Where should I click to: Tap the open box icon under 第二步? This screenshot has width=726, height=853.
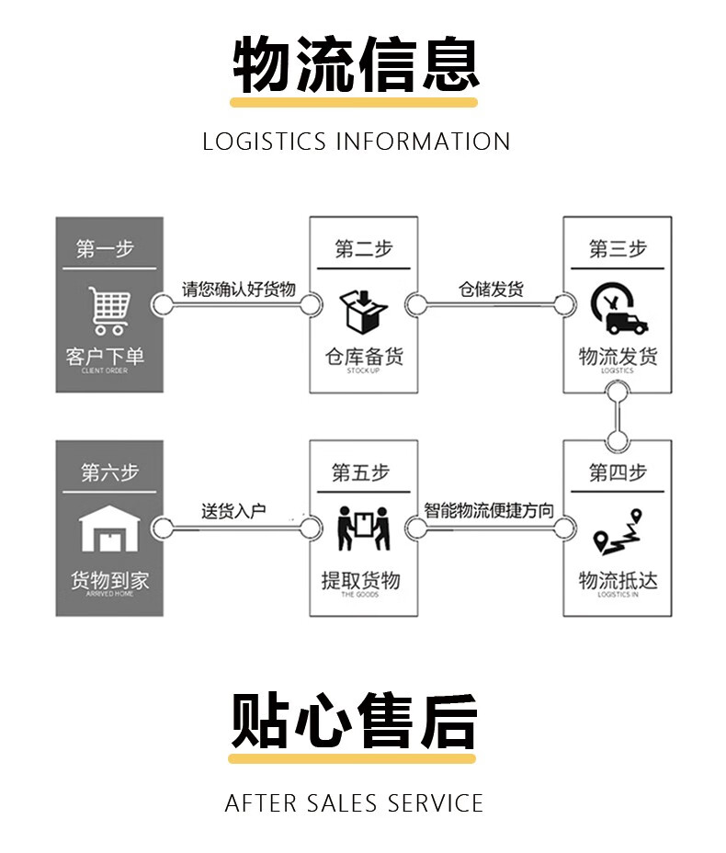363,311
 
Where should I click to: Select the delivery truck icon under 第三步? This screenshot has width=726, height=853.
618,310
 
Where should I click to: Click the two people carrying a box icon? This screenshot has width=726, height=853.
363,530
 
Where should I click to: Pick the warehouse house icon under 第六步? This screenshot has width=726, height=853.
109,530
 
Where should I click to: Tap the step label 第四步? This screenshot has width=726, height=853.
618,472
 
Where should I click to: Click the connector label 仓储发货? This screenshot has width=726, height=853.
491,289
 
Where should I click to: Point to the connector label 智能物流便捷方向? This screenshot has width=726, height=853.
489,510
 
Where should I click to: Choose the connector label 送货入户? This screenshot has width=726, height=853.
233,511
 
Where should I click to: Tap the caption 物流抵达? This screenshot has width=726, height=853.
618,580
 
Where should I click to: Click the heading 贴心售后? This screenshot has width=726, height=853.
354,721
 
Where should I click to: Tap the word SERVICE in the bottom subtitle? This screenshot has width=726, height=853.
435,802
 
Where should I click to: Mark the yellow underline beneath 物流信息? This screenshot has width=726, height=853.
354,102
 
